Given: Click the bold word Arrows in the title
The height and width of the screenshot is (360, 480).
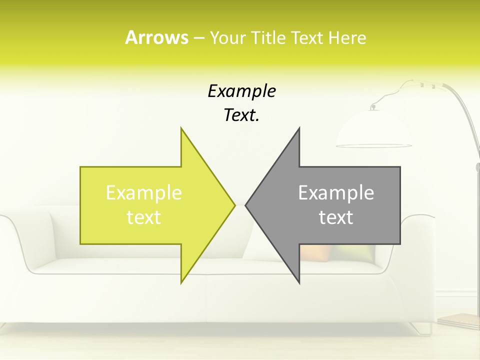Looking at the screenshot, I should click(x=156, y=37).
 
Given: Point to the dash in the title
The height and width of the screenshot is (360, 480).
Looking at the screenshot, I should click(x=198, y=38).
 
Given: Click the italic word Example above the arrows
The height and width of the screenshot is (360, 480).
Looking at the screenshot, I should click(x=241, y=91).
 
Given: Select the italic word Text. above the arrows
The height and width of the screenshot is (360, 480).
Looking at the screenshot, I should click(x=241, y=115).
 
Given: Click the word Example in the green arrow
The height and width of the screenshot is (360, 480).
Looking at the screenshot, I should click(x=144, y=192).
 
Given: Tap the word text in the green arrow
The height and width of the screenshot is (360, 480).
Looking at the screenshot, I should click(x=144, y=217).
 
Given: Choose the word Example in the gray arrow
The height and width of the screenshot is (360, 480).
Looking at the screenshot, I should click(x=336, y=192).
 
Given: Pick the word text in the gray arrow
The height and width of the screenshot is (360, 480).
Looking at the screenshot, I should click(x=336, y=217).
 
